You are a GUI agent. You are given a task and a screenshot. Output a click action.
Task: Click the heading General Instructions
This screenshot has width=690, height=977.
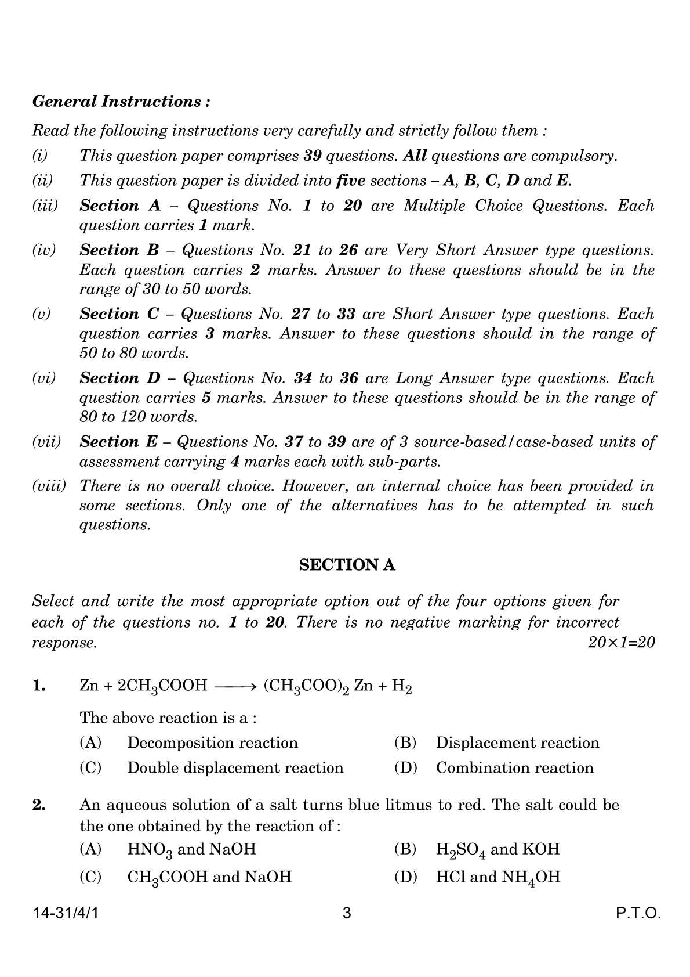click(121, 102)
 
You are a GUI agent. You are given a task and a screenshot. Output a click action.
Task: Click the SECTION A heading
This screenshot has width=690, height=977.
click(347, 565)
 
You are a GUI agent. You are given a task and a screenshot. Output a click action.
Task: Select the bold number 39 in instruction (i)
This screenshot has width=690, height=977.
click(314, 156)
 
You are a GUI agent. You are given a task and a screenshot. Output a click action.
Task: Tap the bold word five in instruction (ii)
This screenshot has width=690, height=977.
click(350, 181)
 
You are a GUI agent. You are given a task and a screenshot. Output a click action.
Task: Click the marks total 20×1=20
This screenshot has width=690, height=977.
click(621, 643)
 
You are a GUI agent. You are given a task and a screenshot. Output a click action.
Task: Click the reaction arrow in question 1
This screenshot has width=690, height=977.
click(235, 687)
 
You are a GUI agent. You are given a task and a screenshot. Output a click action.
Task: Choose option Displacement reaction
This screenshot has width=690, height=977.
click(517, 742)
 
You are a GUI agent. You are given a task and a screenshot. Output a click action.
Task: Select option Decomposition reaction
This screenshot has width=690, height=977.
click(212, 742)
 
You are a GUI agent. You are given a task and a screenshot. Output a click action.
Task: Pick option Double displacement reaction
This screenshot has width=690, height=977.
click(235, 767)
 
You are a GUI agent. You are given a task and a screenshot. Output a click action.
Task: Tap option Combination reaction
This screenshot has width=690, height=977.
click(514, 767)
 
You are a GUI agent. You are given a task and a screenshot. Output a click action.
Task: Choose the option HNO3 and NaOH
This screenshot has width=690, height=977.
click(191, 849)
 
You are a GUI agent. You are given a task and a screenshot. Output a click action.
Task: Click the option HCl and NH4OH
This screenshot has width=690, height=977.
click(497, 877)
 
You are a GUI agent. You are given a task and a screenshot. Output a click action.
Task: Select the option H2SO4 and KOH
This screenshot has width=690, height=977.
click(497, 849)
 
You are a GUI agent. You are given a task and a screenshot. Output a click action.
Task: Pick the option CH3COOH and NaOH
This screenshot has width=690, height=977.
click(209, 877)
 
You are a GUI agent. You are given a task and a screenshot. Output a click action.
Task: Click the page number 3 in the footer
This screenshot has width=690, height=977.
click(347, 914)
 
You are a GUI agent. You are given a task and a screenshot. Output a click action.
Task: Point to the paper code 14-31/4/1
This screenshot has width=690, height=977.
click(66, 914)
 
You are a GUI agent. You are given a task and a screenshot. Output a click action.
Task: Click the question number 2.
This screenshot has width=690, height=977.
click(39, 805)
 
